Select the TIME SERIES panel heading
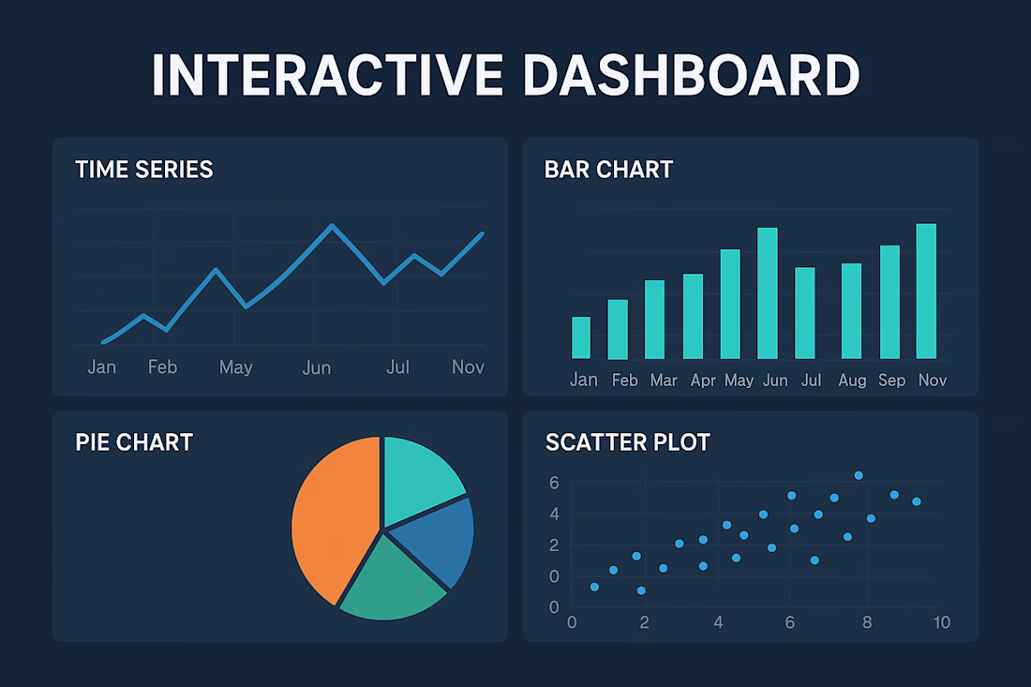tap(144, 170)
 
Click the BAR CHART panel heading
tap(608, 170)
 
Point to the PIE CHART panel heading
tap(134, 441)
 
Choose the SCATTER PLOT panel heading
tap(628, 441)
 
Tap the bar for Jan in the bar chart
tap(581, 337)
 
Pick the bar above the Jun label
tap(768, 292)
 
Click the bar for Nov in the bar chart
tap(926, 291)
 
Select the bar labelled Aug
tap(851, 310)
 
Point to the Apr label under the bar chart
tap(703, 381)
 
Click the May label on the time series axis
tap(235, 367)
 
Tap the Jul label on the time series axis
tap(398, 367)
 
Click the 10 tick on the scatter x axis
tap(941, 622)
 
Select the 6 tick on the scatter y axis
tap(554, 483)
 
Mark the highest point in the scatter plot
tap(859, 475)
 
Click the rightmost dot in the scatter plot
tap(917, 501)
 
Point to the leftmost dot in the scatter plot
tap(594, 587)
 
